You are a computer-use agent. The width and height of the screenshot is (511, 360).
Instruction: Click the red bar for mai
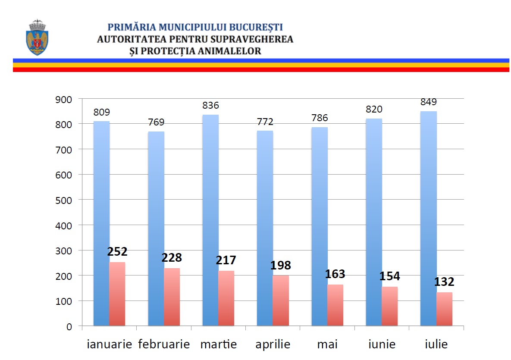click(335, 305)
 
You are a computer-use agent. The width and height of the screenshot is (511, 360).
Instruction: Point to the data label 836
click(210, 105)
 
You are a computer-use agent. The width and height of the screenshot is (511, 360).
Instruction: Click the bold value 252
click(117, 251)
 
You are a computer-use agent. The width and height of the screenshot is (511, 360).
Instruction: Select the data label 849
click(428, 102)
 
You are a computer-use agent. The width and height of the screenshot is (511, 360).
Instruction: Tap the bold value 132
click(444, 282)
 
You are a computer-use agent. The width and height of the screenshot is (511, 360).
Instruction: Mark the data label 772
click(265, 122)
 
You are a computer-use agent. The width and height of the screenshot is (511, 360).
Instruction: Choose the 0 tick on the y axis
click(69, 326)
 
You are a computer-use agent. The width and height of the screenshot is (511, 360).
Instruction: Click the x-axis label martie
click(218, 344)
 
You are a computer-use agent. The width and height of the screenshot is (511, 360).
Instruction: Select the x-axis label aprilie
click(273, 344)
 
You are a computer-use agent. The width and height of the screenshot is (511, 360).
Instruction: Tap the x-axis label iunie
click(382, 344)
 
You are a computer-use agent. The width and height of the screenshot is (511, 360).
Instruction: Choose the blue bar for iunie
click(374, 222)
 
